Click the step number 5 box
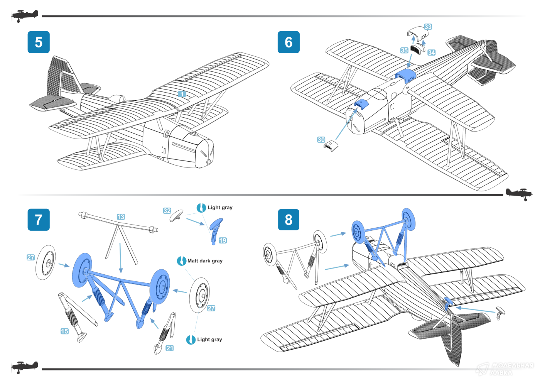[39, 42]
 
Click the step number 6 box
[289, 42]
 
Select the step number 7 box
[39, 220]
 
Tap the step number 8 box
[289, 220]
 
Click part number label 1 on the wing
[182, 94]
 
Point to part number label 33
[428, 27]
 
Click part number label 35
[404, 50]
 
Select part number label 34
[432, 52]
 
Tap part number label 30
[321, 140]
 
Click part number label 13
[121, 217]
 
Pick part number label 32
[167, 211]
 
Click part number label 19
[223, 240]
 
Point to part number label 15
[64, 331]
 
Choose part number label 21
[170, 348]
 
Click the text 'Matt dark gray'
[205, 261]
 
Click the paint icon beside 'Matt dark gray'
[181, 261]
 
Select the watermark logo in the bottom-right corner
[505, 369]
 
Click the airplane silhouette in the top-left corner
[25, 16]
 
